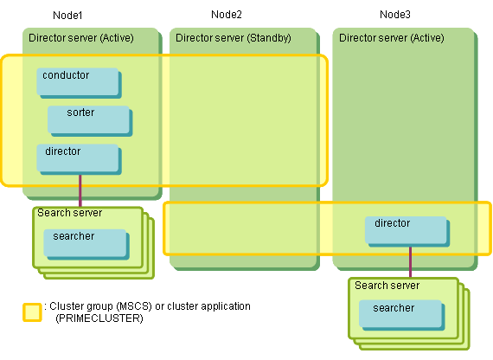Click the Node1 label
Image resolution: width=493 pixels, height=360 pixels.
(67, 15)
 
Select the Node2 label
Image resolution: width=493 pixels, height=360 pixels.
(227, 15)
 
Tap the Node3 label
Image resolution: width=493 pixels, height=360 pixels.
(395, 15)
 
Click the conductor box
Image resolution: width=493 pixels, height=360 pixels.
(79, 83)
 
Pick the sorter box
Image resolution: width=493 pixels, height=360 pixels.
(90, 121)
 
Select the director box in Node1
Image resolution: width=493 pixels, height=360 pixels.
(79, 159)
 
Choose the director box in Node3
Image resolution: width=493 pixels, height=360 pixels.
(407, 231)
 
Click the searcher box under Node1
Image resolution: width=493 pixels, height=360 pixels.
(86, 244)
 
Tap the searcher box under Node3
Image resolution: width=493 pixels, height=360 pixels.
(402, 315)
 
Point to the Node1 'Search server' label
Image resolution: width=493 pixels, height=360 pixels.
(70, 213)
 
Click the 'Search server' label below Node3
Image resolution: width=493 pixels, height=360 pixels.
(387, 286)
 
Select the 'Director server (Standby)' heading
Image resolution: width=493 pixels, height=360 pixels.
(234, 38)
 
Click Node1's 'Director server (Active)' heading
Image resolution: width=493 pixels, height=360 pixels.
(81, 38)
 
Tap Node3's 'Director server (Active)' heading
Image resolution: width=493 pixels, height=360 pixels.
(392, 38)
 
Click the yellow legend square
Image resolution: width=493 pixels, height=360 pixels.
(32, 312)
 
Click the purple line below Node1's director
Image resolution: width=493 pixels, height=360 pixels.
(80, 190)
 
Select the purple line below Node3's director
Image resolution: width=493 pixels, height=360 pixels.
(410, 262)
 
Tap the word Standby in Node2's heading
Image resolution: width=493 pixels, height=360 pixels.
(269, 38)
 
